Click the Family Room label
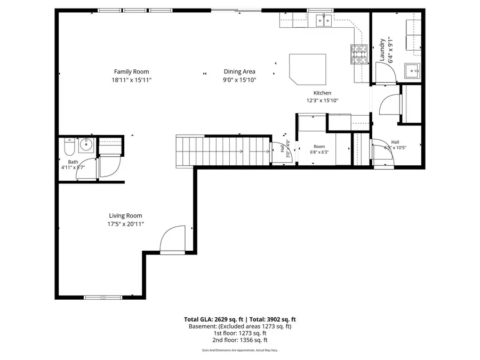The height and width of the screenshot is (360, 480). tap(131, 71)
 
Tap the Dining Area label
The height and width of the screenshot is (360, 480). tap(239, 71)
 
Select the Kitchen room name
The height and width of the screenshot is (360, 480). tap(322, 93)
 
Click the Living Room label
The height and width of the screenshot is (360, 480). tap(126, 216)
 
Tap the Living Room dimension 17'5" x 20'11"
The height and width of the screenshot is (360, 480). tap(126, 224)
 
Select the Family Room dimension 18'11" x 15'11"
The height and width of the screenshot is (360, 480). tap(131, 80)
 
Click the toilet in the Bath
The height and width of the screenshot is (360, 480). tap(69, 146)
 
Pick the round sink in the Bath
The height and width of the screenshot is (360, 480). tap(86, 145)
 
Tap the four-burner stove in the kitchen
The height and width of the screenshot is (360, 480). tap(359, 54)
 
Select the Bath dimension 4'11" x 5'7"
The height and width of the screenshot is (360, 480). tap(73, 167)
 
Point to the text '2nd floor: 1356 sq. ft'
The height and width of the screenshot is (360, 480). tap(239, 340)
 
